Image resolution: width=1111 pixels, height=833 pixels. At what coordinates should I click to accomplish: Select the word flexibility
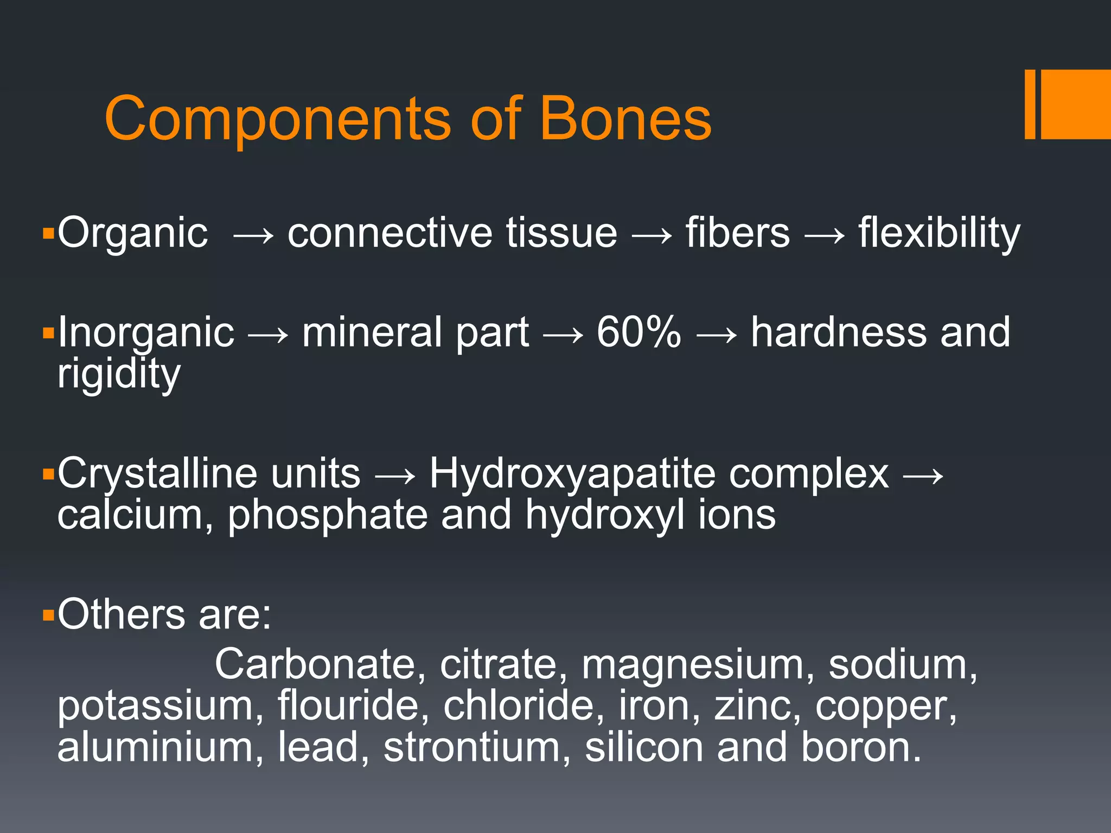pyautogui.click(x=939, y=233)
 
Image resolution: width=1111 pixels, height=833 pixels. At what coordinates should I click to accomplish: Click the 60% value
pyautogui.click(x=638, y=332)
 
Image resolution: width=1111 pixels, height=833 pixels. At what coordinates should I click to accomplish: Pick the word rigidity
pyautogui.click(x=119, y=374)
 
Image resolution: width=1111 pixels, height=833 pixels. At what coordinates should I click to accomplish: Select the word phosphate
pyautogui.click(x=327, y=515)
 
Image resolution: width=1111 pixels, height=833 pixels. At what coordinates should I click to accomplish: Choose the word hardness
pyautogui.click(x=839, y=332)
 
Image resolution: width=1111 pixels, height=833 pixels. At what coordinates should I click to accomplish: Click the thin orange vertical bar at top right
pyautogui.click(x=1030, y=104)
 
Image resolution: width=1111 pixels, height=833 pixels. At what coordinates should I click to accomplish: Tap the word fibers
pyautogui.click(x=738, y=233)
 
